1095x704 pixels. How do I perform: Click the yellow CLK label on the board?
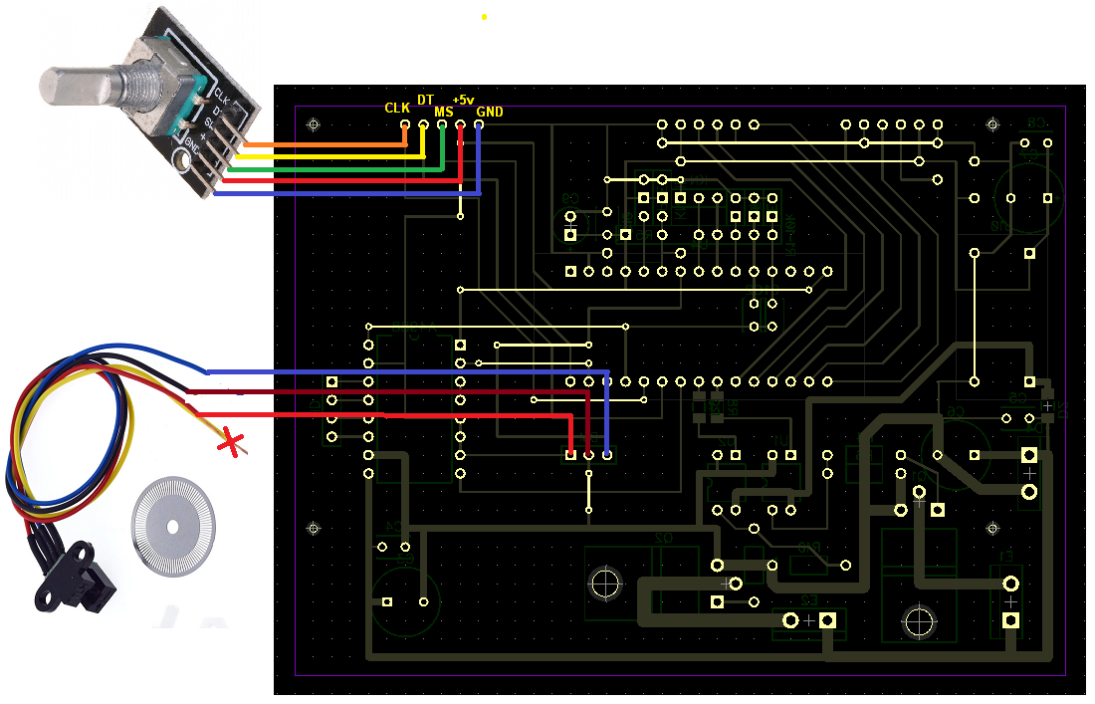click(397, 108)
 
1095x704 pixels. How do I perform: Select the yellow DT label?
click(425, 100)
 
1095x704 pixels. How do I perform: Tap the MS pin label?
click(444, 113)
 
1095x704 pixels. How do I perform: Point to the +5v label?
click(463, 100)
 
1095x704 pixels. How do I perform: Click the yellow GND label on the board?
click(490, 113)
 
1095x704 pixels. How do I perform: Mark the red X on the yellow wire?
click(233, 443)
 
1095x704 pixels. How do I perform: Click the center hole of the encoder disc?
click(173, 525)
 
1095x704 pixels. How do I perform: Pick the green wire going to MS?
click(328, 169)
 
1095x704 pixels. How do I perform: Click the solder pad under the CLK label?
click(405, 124)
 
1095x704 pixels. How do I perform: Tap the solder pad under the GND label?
click(479, 124)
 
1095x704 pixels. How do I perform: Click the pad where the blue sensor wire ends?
click(607, 455)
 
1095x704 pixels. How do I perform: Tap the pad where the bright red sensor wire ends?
click(570, 455)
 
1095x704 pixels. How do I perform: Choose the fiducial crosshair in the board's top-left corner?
click(315, 124)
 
